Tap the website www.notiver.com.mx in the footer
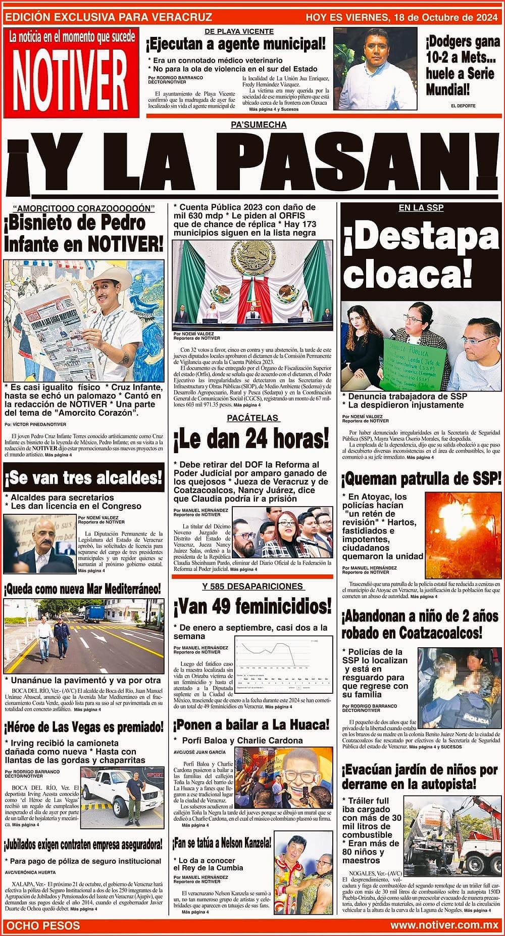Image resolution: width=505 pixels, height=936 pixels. click(444, 925)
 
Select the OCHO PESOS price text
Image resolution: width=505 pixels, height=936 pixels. click(43, 925)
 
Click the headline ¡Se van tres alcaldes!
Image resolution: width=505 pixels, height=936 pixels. click(84, 477)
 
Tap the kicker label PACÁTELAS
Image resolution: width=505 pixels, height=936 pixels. click(252, 418)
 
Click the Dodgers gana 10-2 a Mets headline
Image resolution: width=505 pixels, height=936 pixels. click(462, 66)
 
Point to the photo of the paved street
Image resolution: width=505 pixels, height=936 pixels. click(83, 636)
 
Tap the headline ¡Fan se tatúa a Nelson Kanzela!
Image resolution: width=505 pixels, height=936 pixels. click(222, 843)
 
